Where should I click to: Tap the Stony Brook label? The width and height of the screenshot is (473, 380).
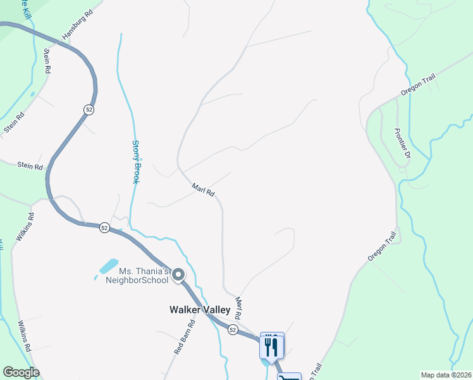pos(135,161)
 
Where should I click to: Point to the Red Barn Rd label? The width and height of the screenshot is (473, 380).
pos(184,336)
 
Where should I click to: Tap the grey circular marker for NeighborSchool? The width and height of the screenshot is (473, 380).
pos(178,275)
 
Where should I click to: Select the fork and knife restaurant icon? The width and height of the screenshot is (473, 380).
pos(272,345)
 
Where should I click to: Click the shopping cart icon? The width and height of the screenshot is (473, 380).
pos(289,376)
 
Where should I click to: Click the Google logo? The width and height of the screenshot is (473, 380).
pos(21,372)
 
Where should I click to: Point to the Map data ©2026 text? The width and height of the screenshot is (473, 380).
pos(445,375)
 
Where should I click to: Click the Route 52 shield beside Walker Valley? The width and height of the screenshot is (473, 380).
pos(233,330)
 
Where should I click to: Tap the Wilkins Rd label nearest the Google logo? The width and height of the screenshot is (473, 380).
pos(25,336)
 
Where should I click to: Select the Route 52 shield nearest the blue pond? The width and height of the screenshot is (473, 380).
pos(104,227)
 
